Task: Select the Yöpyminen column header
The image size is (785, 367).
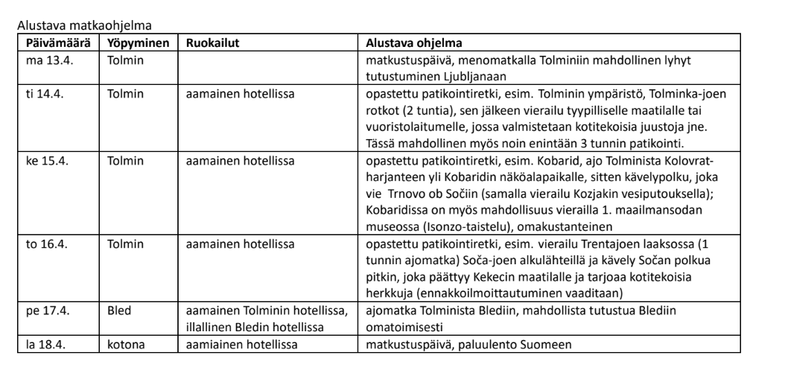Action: pyautogui.click(x=138, y=42)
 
